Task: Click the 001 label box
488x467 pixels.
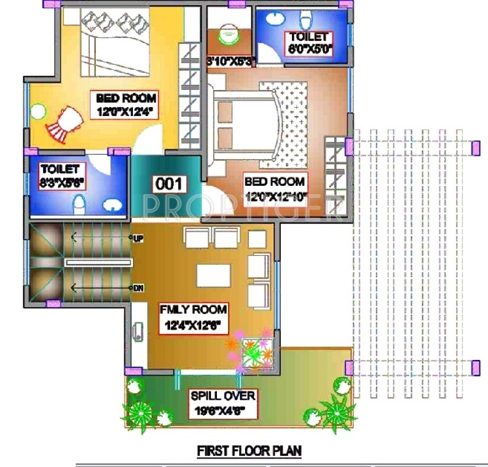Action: click(x=169, y=184)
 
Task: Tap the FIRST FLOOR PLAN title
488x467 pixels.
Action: click(x=250, y=451)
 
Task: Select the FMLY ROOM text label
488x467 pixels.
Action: click(x=193, y=309)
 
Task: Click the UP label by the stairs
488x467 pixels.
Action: click(x=138, y=239)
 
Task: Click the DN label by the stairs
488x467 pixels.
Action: click(x=138, y=287)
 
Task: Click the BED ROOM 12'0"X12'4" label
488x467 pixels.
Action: click(x=126, y=104)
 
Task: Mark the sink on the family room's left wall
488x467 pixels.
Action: click(x=137, y=331)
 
